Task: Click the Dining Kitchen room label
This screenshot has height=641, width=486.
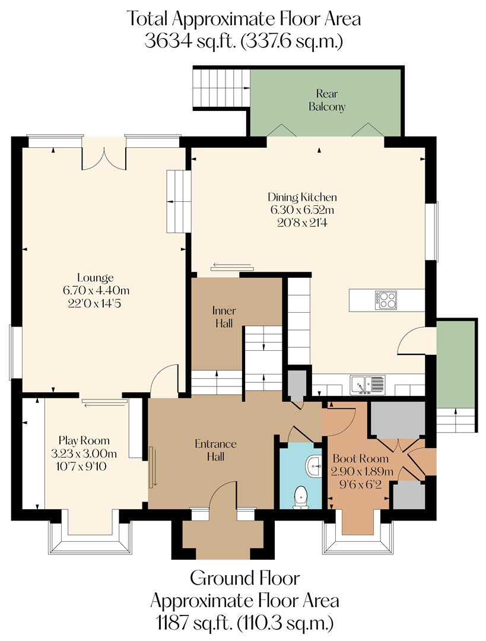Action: pos(302,197)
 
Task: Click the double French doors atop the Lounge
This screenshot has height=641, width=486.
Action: pos(104,154)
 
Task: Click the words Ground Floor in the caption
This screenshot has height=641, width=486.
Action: pos(244,577)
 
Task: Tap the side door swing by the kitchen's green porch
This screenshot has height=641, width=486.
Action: pos(411,343)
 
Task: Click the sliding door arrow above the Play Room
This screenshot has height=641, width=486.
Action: pos(105,405)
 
